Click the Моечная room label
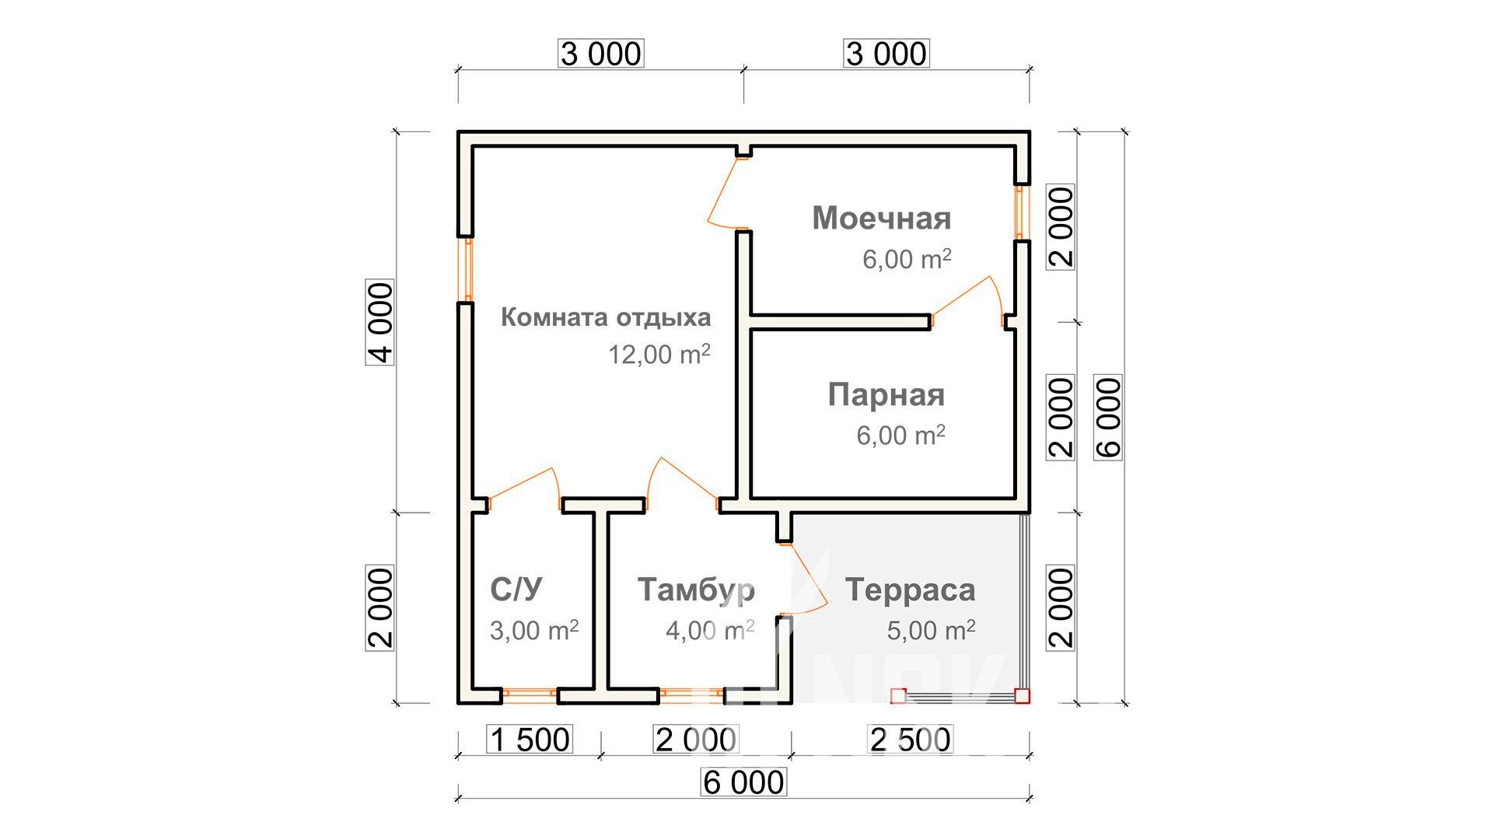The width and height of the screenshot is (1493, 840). coord(882,219)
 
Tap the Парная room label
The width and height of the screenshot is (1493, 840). coord(886,395)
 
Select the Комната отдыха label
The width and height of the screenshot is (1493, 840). coord(606,317)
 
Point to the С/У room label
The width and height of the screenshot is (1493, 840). coord(516,590)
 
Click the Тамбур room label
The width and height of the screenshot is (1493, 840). coord(696,590)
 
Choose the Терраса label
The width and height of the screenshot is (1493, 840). coord(910,590)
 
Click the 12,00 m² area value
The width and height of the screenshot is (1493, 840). coord(659,354)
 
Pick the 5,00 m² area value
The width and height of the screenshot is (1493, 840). coord(931,629)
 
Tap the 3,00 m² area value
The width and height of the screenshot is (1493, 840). coord(534,629)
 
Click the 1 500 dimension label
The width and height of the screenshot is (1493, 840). coord(530,740)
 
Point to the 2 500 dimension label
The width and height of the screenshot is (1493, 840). coord(911,740)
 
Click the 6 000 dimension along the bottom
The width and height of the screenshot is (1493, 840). coord(744,782)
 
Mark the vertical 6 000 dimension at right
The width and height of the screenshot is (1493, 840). coord(1108,417)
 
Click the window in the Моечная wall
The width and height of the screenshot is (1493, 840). coord(1022,212)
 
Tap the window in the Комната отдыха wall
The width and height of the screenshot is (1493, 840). coord(467,269)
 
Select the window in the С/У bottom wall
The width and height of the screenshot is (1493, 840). coord(530,695)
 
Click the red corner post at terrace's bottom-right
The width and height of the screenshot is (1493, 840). coord(1022,695)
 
